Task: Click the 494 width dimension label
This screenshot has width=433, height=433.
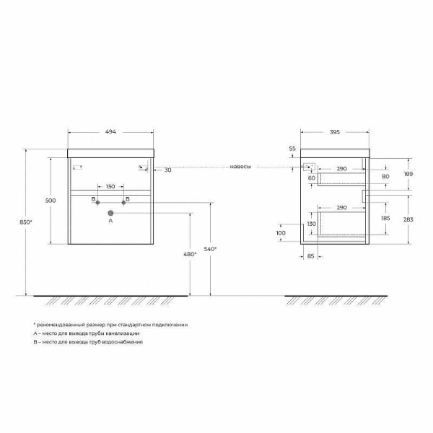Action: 110,132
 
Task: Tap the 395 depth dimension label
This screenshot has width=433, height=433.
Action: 334,132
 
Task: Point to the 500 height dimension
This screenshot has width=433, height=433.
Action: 51,201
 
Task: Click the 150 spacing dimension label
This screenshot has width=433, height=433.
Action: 110,186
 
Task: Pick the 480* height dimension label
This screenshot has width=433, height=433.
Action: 191,253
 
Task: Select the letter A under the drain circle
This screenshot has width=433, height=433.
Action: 110,223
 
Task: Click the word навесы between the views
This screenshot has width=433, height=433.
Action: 241,167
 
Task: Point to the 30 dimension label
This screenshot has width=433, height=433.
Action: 167,170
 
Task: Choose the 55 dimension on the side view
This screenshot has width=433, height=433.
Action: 292,149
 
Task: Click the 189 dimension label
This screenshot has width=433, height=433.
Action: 408,174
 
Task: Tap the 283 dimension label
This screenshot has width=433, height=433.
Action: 408,220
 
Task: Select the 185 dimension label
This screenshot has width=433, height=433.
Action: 385,217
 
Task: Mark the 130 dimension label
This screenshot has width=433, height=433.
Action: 312,224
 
